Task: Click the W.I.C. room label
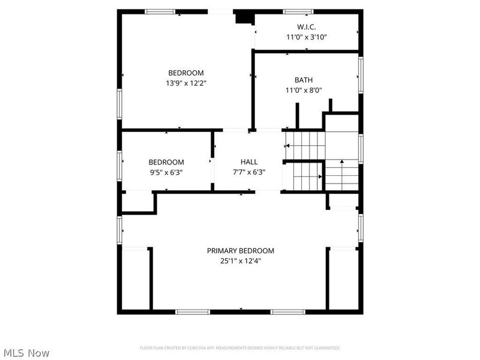(306, 27)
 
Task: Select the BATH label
(303, 80)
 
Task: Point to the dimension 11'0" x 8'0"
(304, 91)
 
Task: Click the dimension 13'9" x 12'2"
(187, 83)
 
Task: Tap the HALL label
(249, 161)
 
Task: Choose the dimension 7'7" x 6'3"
(249, 172)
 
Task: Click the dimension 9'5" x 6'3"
(166, 172)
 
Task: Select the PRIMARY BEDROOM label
(241, 251)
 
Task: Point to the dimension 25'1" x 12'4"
(241, 261)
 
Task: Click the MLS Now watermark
(27, 353)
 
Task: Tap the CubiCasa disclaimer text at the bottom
(240, 348)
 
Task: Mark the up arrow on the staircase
(341, 161)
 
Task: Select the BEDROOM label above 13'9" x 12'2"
(186, 73)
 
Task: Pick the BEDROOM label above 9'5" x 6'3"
(166, 162)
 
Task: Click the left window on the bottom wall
(193, 311)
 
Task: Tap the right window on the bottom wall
(288, 311)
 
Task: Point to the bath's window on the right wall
(361, 74)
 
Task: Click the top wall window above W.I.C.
(298, 11)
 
